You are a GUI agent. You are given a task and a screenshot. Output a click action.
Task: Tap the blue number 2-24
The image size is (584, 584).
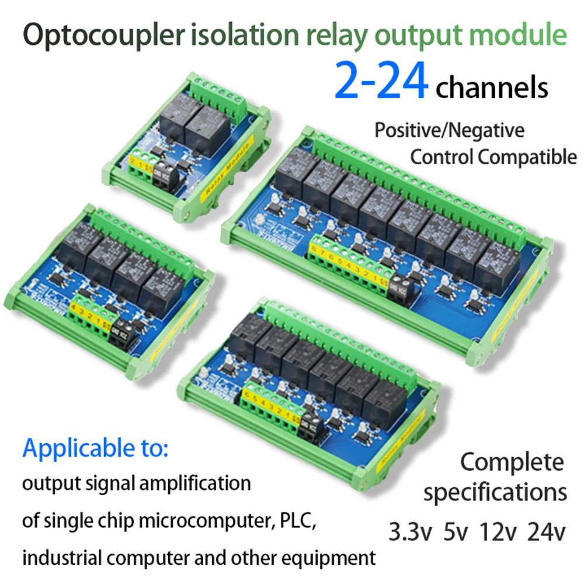[x=380, y=82]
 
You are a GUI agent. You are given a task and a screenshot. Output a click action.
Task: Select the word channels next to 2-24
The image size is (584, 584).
[x=492, y=88]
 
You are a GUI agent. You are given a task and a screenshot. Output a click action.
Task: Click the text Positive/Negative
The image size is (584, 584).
[x=449, y=130]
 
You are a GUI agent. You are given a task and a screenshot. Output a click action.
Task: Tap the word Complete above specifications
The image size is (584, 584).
[x=512, y=462]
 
